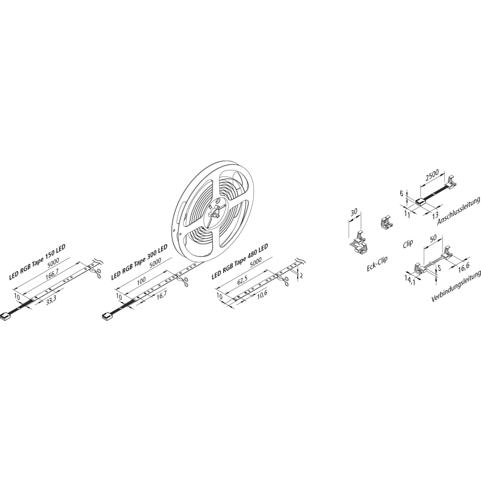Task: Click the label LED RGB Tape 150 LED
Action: [38, 262]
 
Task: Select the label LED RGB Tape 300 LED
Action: [139, 262]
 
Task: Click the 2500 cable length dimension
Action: [432, 176]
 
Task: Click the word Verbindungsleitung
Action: [456, 287]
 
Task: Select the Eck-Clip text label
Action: [377, 264]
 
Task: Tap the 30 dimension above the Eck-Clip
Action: [354, 212]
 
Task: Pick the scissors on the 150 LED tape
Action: [97, 271]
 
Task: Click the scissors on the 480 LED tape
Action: [284, 279]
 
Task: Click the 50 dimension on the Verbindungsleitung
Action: [433, 239]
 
